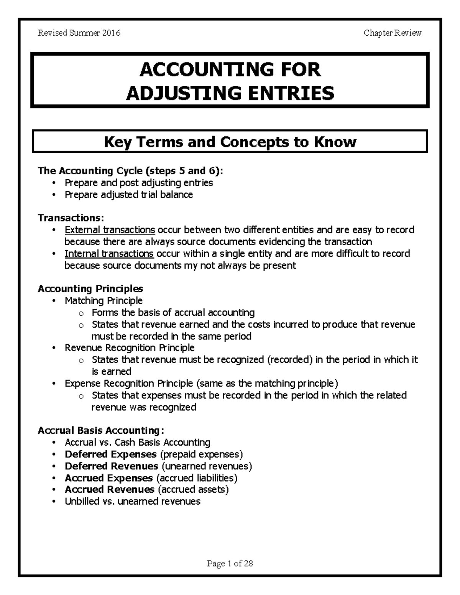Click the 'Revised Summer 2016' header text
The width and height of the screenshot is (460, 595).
79,33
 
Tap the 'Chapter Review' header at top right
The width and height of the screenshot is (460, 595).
393,33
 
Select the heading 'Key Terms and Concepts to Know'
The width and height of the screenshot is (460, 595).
230,142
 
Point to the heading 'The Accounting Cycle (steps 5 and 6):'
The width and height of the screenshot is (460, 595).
130,170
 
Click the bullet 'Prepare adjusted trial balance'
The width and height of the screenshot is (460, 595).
129,195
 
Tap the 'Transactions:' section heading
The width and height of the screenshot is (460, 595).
71,218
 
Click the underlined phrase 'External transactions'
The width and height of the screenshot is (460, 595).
110,230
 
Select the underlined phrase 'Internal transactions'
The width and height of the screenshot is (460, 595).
109,254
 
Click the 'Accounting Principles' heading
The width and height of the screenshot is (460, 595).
90,288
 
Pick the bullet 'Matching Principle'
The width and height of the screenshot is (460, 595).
103,301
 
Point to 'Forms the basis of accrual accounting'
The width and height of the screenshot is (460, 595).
173,313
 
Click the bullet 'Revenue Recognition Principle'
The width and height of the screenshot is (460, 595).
130,348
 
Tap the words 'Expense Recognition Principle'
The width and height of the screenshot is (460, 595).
129,384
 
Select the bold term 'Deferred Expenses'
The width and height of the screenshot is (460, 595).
110,454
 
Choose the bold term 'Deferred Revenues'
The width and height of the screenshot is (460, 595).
111,466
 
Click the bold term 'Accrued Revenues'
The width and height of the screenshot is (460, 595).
109,490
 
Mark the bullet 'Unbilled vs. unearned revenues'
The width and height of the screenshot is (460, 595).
133,502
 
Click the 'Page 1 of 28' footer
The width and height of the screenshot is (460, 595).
230,564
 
